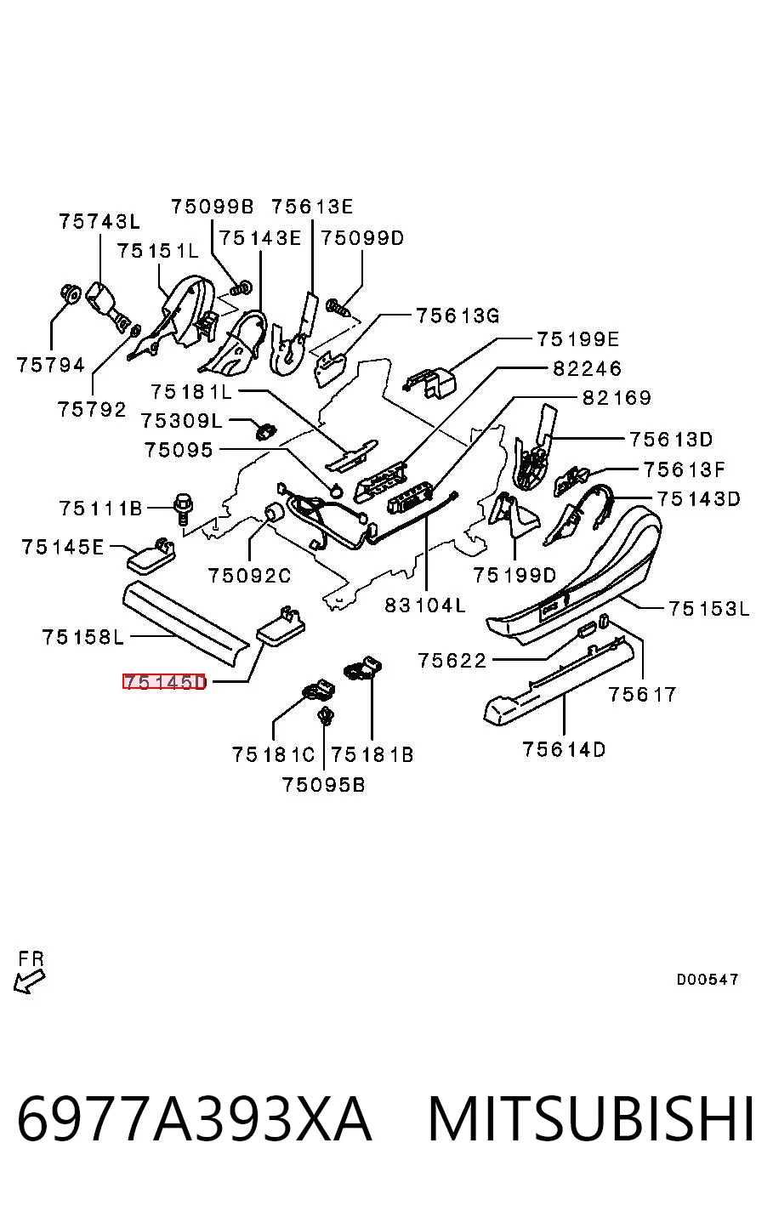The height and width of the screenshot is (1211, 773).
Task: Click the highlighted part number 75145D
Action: tap(164, 682)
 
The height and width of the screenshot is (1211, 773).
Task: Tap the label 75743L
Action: tap(99, 221)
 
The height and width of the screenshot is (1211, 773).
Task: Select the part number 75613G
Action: tap(458, 316)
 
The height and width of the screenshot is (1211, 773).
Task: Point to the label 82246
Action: tap(587, 369)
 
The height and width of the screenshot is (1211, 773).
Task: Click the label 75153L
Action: tap(709, 609)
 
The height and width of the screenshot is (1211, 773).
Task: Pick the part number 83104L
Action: tap(425, 605)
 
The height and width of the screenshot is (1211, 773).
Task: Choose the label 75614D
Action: tap(564, 749)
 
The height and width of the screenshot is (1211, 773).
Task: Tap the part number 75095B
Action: tap(324, 784)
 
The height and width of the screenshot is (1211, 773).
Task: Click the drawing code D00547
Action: tap(708, 979)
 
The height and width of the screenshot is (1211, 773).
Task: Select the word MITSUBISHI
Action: tap(591, 1117)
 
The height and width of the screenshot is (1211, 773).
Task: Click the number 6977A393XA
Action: tap(195, 1117)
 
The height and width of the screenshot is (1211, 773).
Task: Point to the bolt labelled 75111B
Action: tap(183, 509)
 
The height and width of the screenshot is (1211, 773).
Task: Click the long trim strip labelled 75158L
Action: tap(186, 623)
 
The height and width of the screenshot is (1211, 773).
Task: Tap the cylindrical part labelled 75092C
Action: tap(274, 511)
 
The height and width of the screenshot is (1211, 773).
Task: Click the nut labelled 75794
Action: tap(70, 293)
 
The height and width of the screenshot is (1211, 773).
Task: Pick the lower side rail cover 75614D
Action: tap(558, 679)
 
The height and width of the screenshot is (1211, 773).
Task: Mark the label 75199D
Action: tap(514, 575)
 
